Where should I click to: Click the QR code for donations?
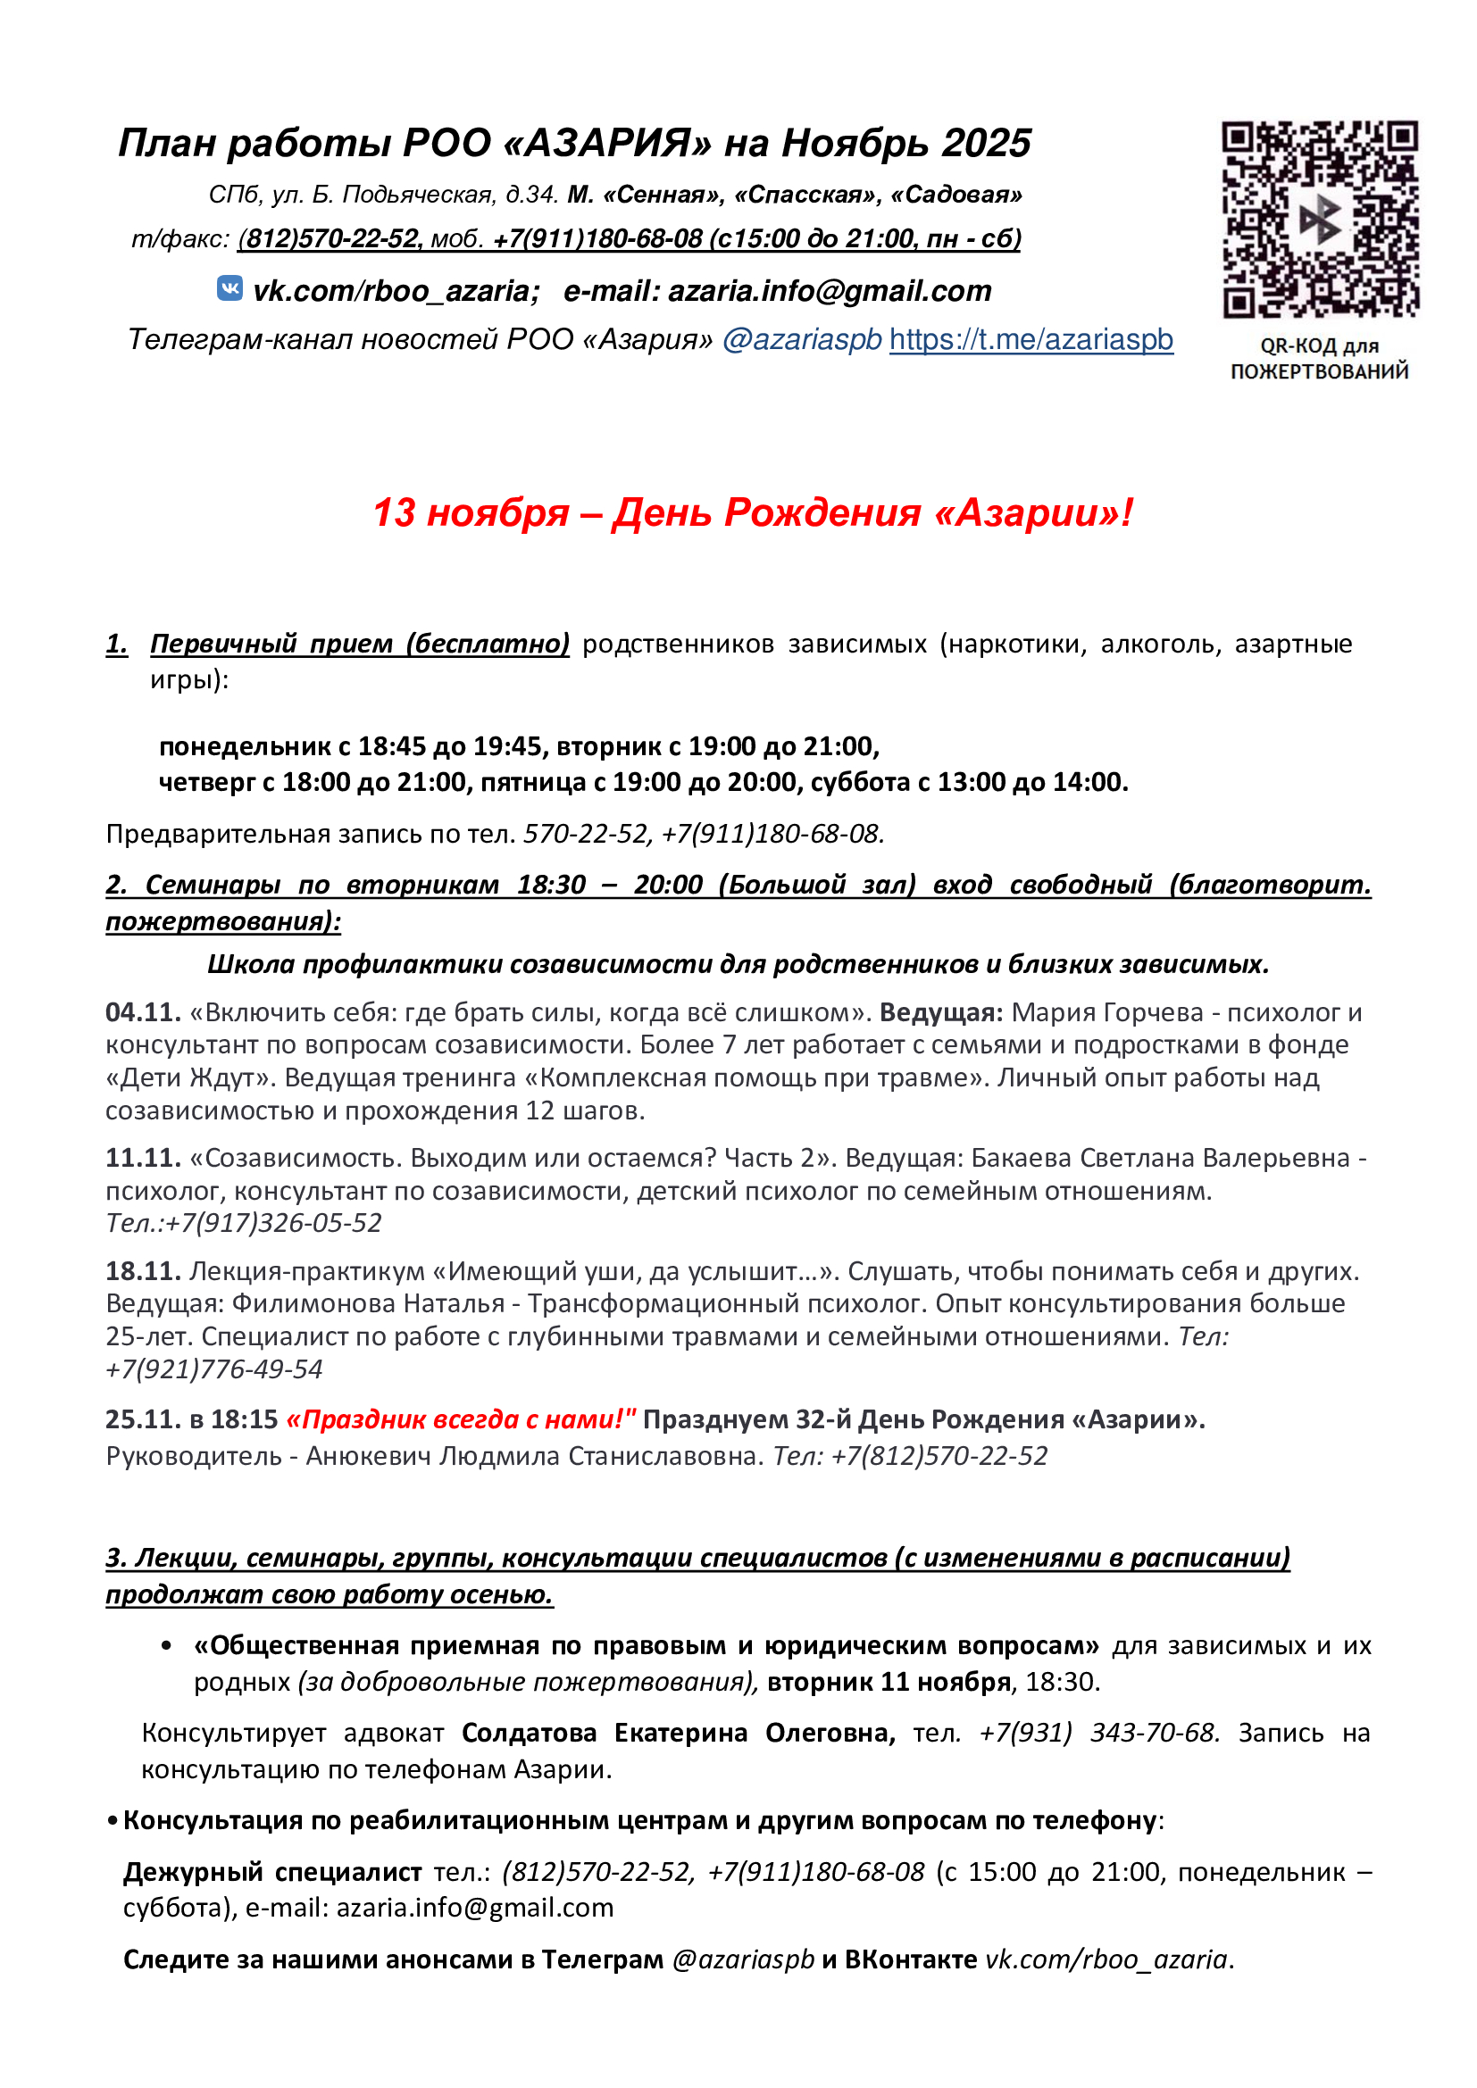click(1319, 220)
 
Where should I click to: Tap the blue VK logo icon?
click(230, 288)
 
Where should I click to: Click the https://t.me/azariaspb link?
click(1031, 339)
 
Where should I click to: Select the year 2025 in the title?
click(986, 143)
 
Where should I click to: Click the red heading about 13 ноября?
click(753, 513)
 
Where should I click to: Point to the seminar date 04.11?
click(143, 1012)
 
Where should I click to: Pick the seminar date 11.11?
click(143, 1158)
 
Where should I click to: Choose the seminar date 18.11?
click(143, 1270)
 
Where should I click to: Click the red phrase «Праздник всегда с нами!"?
click(461, 1418)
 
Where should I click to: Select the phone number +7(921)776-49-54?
click(213, 1368)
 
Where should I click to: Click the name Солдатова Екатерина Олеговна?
click(678, 1733)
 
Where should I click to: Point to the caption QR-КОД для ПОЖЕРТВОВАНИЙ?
click(1319, 358)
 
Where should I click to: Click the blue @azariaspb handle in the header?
click(801, 339)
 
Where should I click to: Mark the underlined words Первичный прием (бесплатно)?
click(359, 644)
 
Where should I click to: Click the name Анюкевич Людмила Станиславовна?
click(534, 1456)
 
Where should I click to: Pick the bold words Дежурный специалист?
click(272, 1872)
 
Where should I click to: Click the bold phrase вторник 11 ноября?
click(889, 1682)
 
